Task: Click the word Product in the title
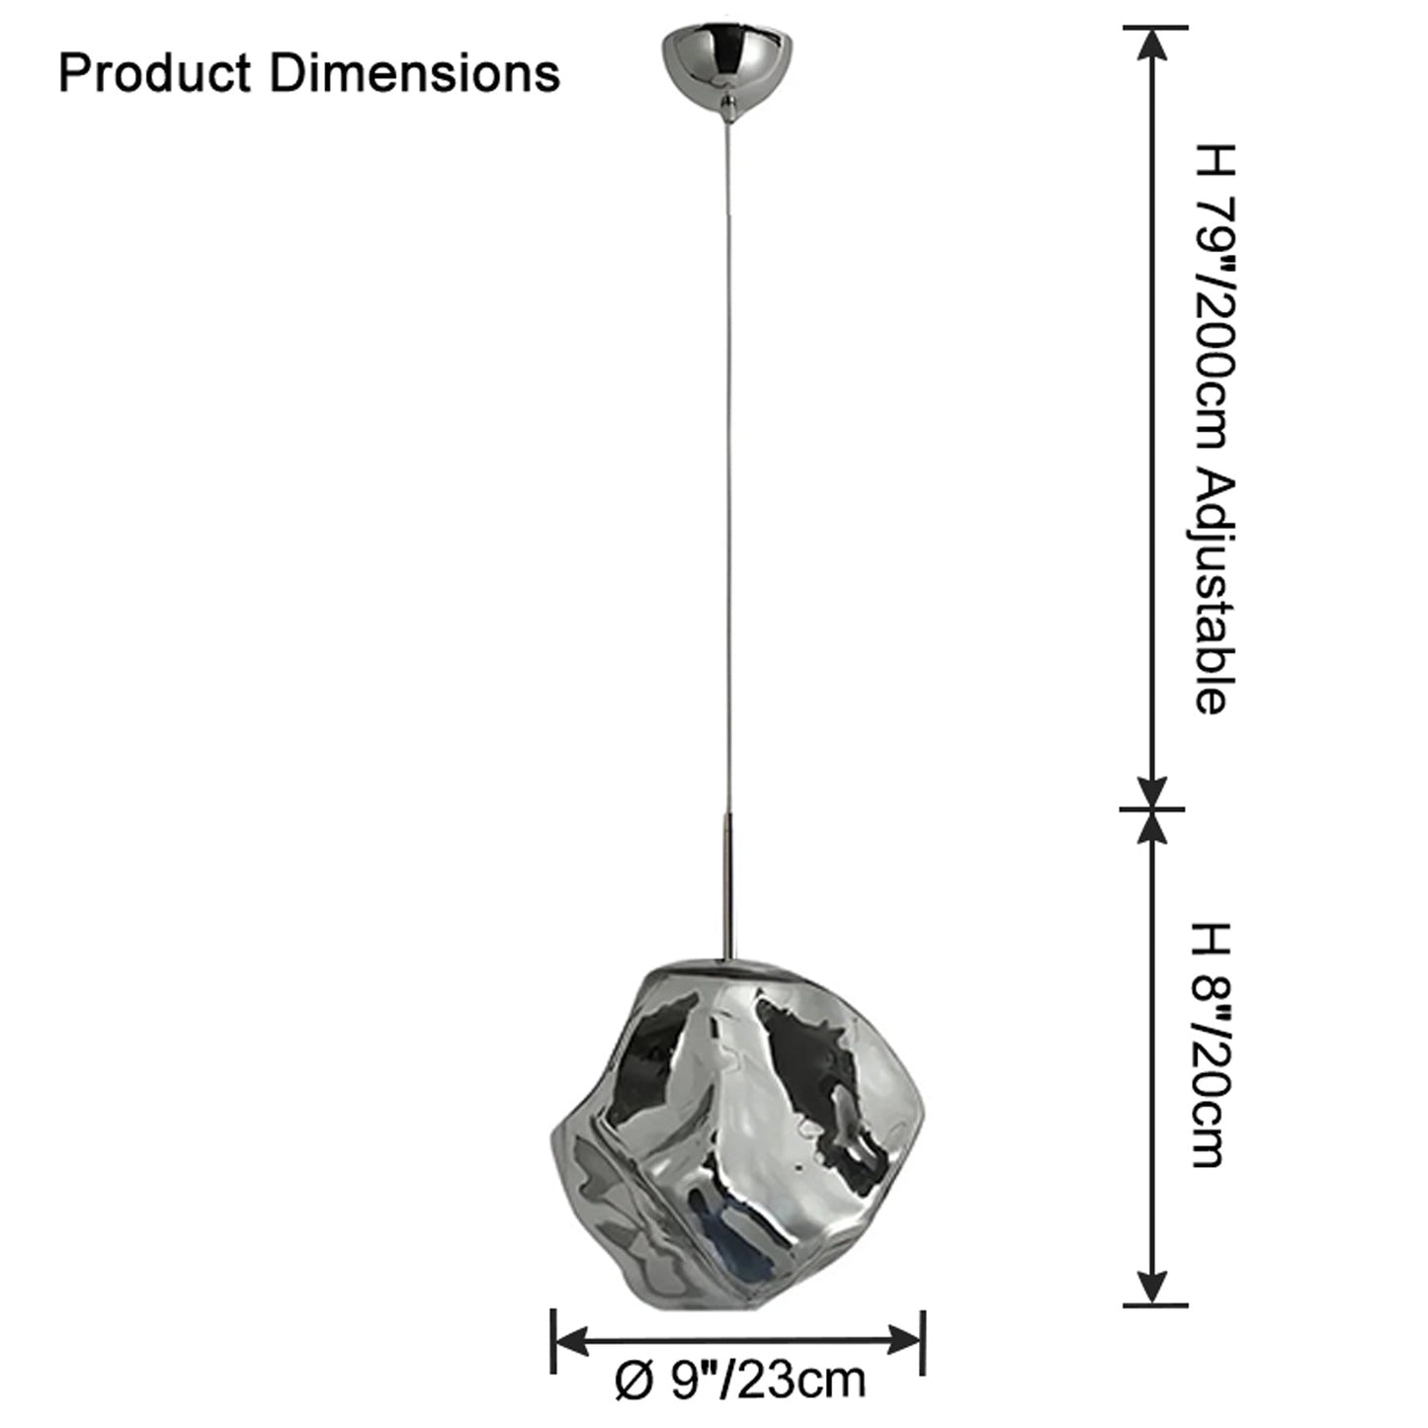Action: (154, 74)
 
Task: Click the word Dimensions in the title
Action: (415, 74)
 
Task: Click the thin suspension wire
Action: (727, 466)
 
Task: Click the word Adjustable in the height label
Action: (1215, 591)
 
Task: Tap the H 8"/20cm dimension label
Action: (1214, 1046)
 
